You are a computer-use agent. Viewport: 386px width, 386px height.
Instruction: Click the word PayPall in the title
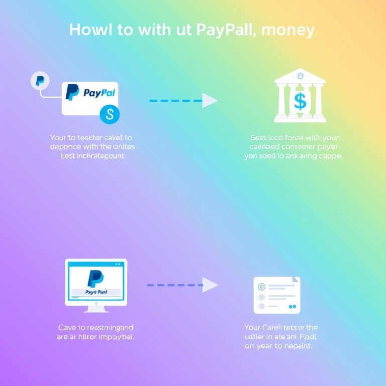click(225, 30)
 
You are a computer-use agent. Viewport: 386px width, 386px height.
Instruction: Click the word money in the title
click(288, 30)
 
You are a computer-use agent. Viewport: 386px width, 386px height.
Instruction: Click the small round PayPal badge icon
click(40, 80)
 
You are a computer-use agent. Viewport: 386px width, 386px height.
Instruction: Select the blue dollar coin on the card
click(110, 115)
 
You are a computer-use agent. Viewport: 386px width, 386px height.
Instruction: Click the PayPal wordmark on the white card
click(99, 93)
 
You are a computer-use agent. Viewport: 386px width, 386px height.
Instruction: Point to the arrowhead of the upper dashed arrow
click(210, 101)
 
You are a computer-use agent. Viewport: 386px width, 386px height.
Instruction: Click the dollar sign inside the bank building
click(300, 101)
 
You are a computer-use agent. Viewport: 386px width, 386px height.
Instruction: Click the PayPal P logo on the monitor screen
click(95, 278)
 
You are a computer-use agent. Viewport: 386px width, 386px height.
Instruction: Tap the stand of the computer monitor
click(95, 308)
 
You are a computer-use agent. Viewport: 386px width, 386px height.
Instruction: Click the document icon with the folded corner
click(277, 295)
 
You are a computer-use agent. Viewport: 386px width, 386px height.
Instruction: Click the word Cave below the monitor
click(67, 328)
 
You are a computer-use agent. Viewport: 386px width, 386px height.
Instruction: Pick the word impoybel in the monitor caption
click(117, 337)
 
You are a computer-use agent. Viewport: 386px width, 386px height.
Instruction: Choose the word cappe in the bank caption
click(331, 156)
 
